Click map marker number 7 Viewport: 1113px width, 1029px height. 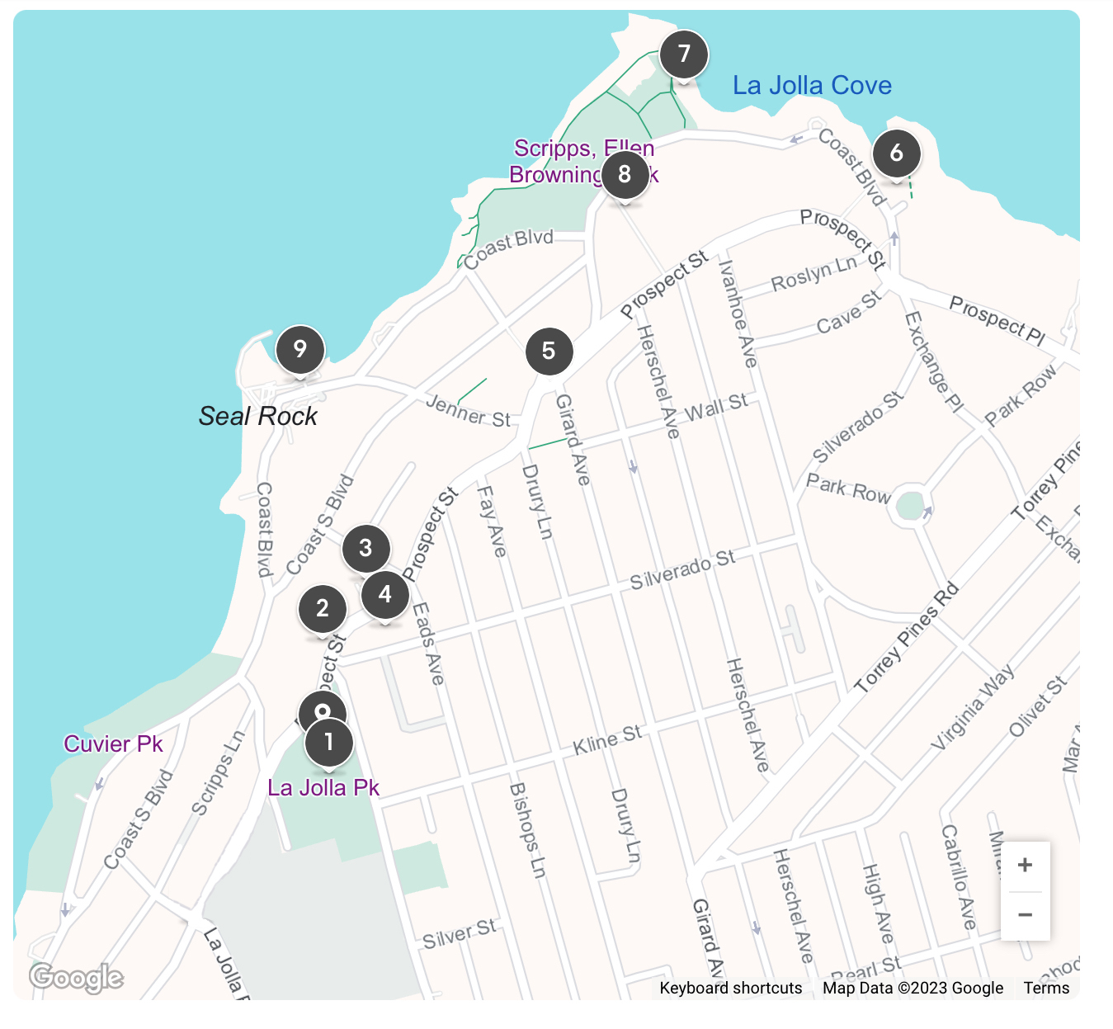coord(683,54)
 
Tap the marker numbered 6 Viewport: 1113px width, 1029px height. coord(896,153)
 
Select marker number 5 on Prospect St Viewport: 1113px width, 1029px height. coord(549,351)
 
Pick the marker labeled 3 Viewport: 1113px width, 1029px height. coord(365,548)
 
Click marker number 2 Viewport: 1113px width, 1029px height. coord(323,608)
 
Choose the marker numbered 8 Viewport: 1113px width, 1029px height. coord(625,174)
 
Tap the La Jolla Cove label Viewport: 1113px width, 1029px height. coord(812,86)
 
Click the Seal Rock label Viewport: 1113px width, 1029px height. coord(258,416)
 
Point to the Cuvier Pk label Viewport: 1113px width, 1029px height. coord(114,744)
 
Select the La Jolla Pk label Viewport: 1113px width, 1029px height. coord(323,788)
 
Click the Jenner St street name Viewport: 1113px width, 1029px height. coord(468,411)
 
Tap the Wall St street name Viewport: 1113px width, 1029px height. coord(716,405)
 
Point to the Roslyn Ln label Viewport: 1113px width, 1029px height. coord(814,274)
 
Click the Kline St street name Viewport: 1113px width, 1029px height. coord(607,739)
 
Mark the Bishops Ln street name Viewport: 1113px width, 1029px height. coord(528,830)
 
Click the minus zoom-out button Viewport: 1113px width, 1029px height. coord(1025,915)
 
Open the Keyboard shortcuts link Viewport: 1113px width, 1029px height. coord(730,988)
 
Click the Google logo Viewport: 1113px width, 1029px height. coord(76,978)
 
